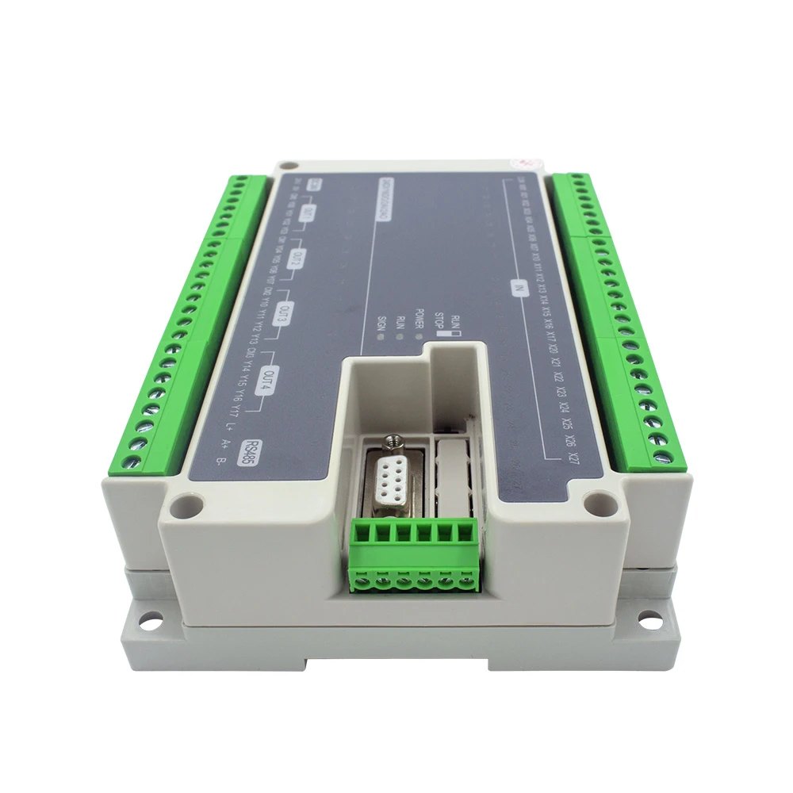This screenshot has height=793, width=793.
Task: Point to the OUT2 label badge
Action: click(x=297, y=257)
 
